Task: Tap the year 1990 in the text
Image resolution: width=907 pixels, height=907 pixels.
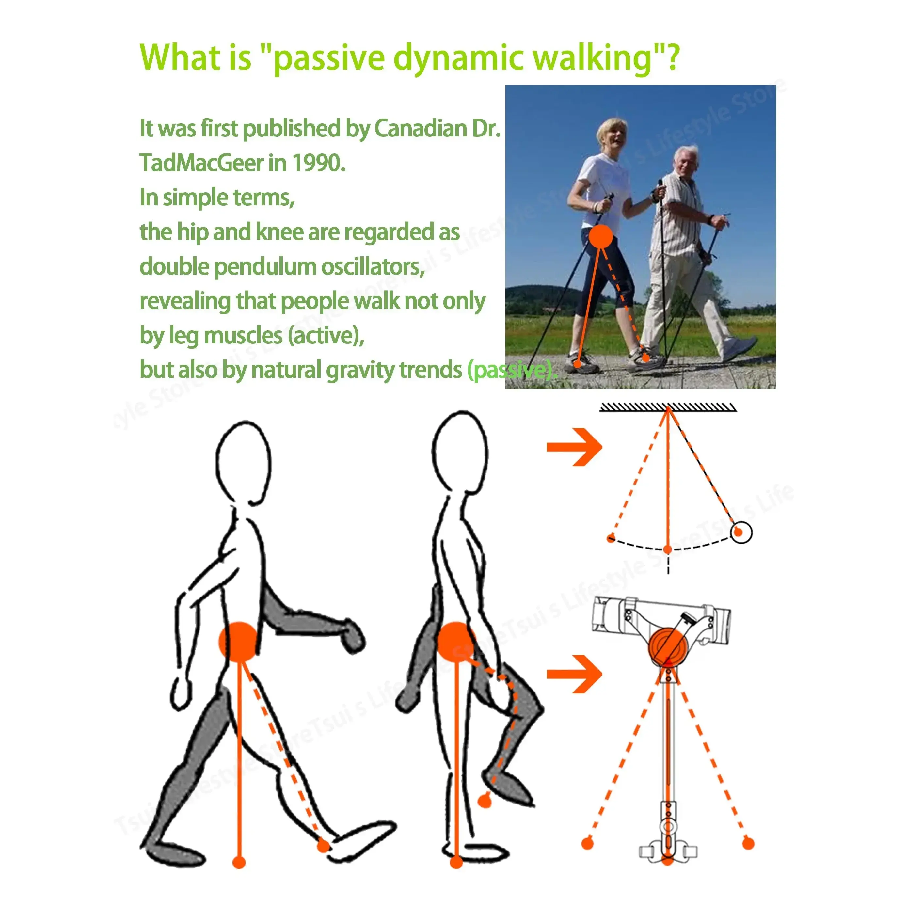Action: pos(318,163)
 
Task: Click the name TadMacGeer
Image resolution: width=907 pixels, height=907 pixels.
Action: pos(202,163)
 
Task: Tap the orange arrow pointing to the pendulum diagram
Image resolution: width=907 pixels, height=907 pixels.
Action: pos(575,447)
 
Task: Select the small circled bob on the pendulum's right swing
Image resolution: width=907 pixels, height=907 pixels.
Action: pos(741,533)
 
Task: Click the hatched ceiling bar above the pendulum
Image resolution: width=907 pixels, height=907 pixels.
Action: pos(668,407)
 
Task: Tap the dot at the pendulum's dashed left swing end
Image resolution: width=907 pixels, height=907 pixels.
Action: pos(611,538)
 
